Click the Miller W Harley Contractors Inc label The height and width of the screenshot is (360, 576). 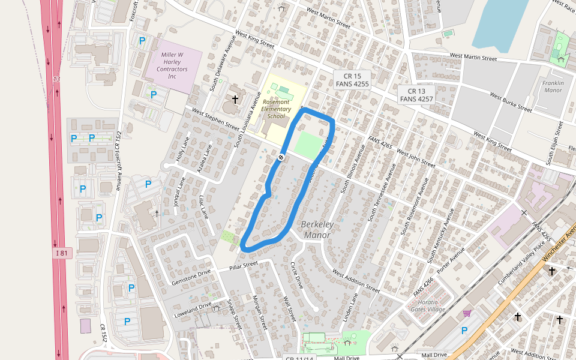pos(172,65)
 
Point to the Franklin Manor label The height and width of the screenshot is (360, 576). pos(553,86)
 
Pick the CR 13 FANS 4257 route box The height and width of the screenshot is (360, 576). pos(416,95)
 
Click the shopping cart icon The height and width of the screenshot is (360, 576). pos(466,314)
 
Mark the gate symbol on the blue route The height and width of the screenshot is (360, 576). pos(281,157)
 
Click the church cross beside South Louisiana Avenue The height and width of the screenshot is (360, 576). pos(235,99)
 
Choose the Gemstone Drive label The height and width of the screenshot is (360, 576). pos(191,277)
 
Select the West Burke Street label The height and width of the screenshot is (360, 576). pos(511,103)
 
